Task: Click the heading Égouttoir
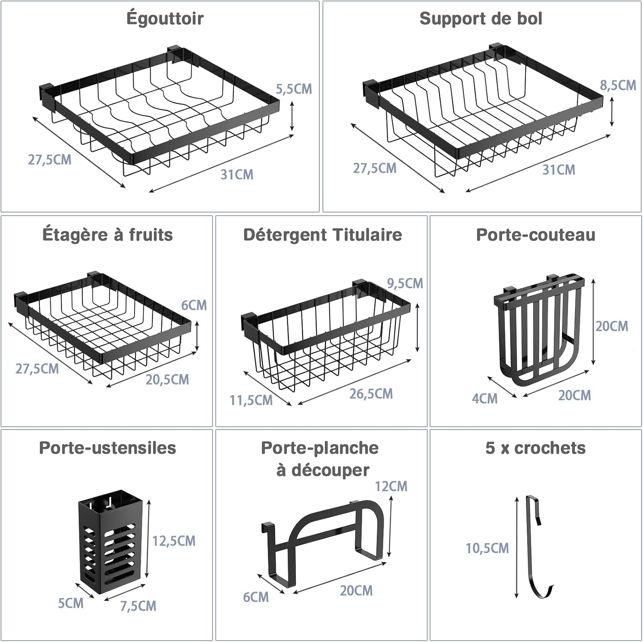pos(165,19)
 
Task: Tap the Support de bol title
pos(481,19)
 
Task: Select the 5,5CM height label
pos(294,89)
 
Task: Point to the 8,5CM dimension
pos(618,85)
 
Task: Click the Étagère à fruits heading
pos(108,235)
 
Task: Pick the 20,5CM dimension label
pos(167,380)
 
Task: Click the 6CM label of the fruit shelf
pos(194,305)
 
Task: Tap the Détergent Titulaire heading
pos(322,235)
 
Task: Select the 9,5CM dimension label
pos(405,283)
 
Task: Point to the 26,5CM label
pos(371,394)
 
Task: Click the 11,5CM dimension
pos(251,400)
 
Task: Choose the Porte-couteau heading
pos(536,235)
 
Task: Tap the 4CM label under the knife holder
pos(485,399)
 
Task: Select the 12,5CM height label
pos(174,541)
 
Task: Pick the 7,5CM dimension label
pos(138,606)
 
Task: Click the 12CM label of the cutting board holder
pos(391,486)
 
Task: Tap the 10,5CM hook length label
pos(487,548)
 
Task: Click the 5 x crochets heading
pos(535,448)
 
